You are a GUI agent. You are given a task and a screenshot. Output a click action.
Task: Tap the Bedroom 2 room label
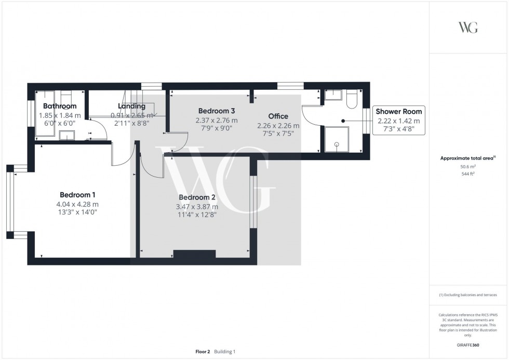(x=197, y=197)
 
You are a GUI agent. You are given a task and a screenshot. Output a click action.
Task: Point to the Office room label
(x=278, y=116)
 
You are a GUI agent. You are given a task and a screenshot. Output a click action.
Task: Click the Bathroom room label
(x=60, y=106)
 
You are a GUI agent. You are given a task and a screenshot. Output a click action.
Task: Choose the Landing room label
(x=132, y=106)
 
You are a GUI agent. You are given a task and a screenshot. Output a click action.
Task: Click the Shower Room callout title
(x=398, y=112)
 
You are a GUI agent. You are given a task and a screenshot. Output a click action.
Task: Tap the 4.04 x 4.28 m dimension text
(x=77, y=204)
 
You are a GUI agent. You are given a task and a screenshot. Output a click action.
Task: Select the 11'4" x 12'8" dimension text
(x=197, y=214)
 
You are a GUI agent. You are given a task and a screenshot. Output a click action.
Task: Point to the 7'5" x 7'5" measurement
(x=278, y=134)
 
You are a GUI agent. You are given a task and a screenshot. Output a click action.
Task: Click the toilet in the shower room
(x=351, y=99)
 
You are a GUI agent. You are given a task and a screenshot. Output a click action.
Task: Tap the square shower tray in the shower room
(x=336, y=140)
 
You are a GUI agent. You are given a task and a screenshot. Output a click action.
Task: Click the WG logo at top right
(x=468, y=28)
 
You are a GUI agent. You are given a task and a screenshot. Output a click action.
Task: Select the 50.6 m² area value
(x=468, y=167)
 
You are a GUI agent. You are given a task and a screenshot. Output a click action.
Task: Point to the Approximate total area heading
(x=467, y=158)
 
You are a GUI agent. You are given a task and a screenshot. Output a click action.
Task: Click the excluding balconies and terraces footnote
(x=468, y=295)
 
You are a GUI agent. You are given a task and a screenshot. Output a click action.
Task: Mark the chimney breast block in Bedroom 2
(x=194, y=254)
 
